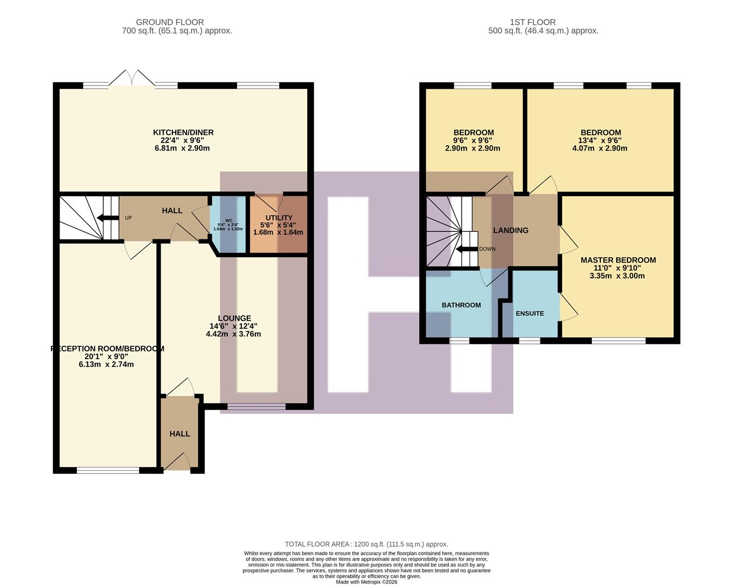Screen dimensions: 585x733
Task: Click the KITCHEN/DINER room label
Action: tap(183, 132)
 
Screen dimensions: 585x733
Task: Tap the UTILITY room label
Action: tap(279, 218)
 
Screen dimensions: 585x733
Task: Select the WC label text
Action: tap(228, 220)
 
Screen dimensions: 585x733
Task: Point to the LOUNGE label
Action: tap(234, 318)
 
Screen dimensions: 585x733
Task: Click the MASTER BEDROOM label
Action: tap(618, 260)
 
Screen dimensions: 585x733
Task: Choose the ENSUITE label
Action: tap(530, 314)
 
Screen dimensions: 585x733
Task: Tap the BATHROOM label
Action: tap(461, 305)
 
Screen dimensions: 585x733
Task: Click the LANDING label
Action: tap(510, 230)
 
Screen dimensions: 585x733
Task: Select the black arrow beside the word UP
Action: tap(108, 218)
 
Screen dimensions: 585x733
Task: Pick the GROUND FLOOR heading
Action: tap(170, 22)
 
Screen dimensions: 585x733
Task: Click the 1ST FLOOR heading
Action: tap(532, 22)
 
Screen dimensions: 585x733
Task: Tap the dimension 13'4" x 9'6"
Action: tap(600, 140)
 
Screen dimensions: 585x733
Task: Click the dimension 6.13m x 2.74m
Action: tap(106, 365)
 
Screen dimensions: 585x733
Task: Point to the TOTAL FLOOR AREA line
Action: tap(366, 544)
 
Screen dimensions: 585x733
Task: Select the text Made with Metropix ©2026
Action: tap(366, 582)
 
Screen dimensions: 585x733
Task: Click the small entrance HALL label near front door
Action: tap(180, 434)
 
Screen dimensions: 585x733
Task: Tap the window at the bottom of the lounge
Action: tap(256, 406)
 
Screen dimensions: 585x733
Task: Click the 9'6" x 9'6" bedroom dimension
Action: tap(473, 140)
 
